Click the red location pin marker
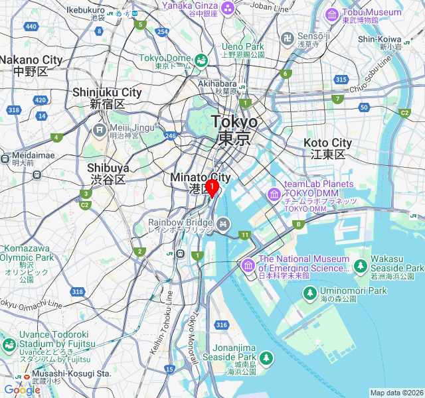coord(211,188)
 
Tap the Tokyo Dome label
coord(165,58)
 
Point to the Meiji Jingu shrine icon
coord(100,129)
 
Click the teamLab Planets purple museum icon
coord(274,194)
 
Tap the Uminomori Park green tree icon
coord(309,292)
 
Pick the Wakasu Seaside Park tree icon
coord(360,266)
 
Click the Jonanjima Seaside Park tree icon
coord(266,358)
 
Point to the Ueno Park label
coord(242,47)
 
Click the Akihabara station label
coord(218,84)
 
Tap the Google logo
coord(22,390)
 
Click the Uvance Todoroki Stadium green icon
coord(9,345)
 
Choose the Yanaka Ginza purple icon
coord(228,7)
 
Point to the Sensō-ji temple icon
coord(288,38)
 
